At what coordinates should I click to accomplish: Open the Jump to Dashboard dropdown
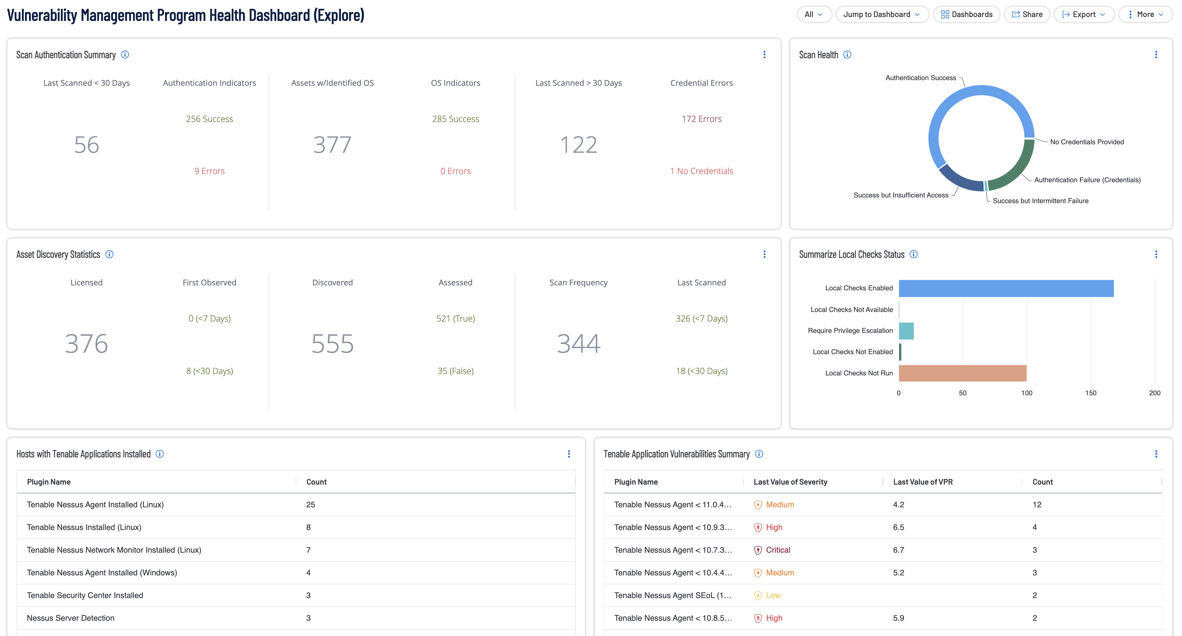pos(882,14)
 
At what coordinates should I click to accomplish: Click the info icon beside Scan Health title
pos(847,55)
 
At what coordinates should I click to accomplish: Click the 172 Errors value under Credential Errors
pos(701,119)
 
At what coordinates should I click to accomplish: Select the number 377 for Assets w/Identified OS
pos(332,145)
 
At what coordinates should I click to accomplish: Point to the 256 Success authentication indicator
pos(209,119)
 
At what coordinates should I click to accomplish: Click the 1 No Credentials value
pos(701,171)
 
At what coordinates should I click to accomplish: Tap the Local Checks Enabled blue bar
pos(1006,288)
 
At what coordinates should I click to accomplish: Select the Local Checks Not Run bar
pos(962,373)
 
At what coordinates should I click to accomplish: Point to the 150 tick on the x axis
pos(1091,393)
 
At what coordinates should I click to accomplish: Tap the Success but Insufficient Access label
pos(901,195)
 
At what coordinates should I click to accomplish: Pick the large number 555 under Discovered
pos(332,344)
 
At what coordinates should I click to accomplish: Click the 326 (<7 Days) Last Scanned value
pos(701,318)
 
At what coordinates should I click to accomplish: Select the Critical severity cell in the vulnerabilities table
pos(777,549)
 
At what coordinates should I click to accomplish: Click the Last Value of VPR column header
pos(923,482)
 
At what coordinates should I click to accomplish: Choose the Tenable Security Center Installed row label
pos(85,595)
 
